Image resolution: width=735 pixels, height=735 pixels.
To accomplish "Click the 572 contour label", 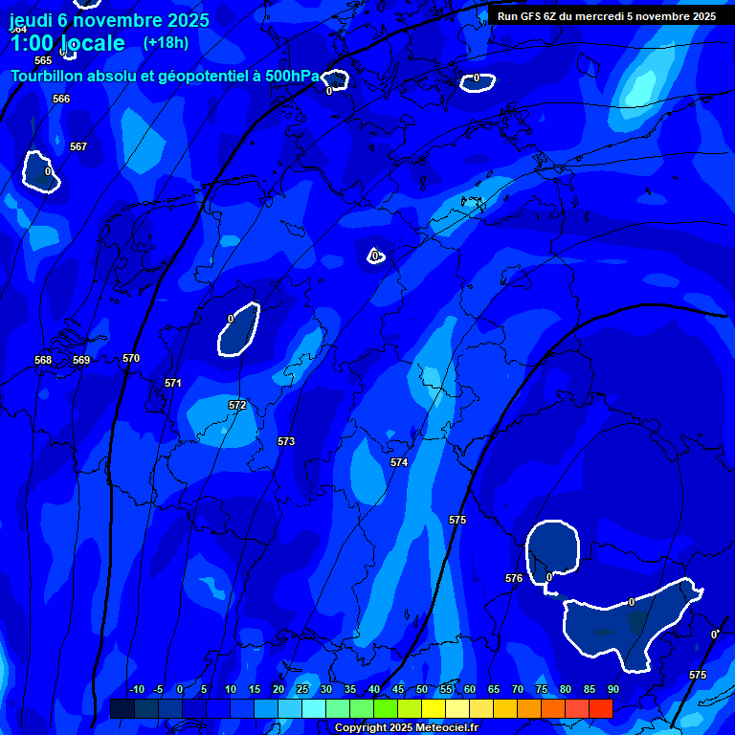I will pos(237,405).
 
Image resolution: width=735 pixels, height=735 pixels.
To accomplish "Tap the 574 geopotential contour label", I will pos(399,462).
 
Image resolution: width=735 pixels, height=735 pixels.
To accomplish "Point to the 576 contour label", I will pos(514,578).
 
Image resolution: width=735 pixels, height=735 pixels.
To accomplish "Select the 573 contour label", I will pos(286,441).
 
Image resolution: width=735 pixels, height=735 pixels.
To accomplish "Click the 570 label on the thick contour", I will pos(131,358).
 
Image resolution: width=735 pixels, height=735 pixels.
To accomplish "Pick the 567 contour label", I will pos(78,146).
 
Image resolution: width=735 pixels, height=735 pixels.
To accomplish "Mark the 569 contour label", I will pos(81,360).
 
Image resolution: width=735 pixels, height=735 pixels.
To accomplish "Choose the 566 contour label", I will pos(61,99).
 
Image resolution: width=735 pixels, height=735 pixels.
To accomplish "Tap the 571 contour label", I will pos(173,383).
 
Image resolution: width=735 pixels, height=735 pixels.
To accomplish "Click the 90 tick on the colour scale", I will pos(612,689).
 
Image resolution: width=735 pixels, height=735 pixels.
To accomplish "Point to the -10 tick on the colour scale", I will pos(136,689).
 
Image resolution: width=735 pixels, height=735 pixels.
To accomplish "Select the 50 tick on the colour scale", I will pos(421,689).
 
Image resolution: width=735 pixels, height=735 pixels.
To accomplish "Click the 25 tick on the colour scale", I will pos(301,689).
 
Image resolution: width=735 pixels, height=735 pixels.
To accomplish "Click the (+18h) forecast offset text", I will pos(166,42).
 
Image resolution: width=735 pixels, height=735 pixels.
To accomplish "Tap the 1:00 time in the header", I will pos(31,43).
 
